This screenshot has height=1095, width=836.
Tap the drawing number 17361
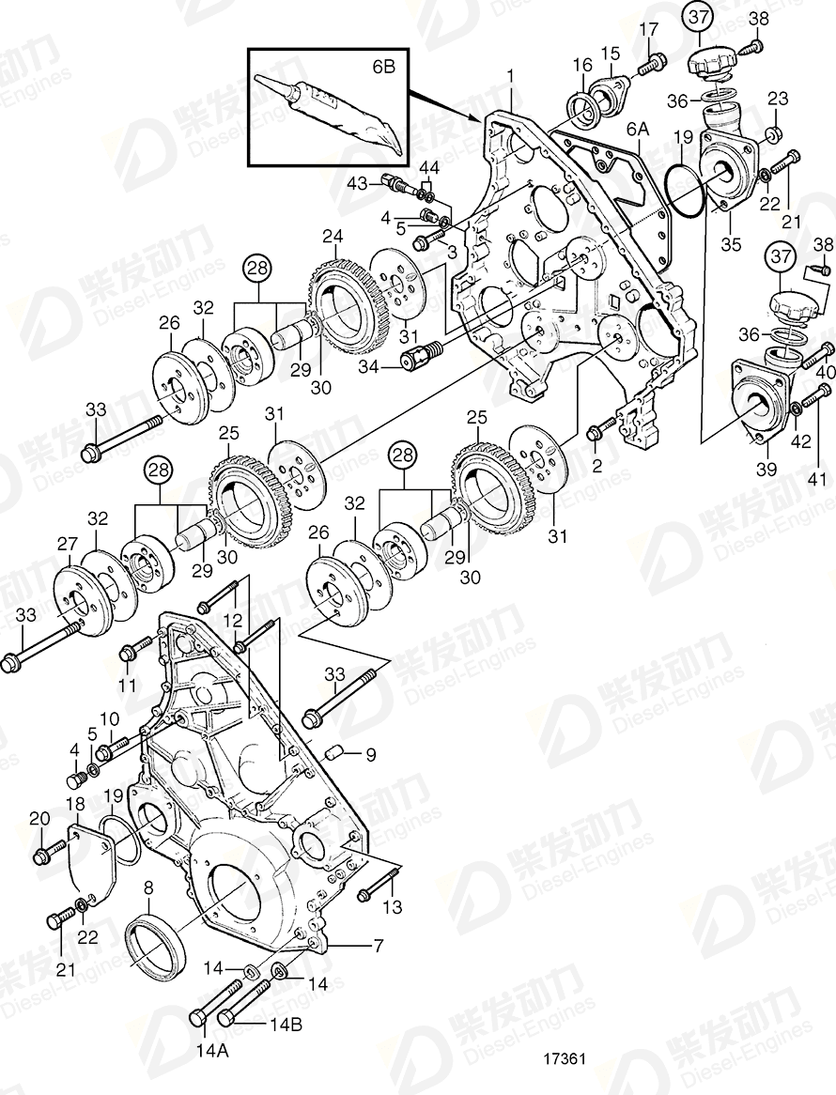coord(565,1057)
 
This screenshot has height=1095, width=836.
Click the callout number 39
coord(766,469)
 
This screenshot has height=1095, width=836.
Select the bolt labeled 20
coord(48,854)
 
